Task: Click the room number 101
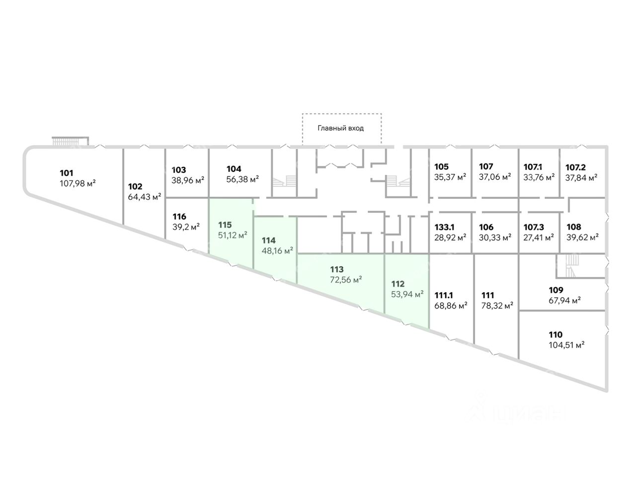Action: [67, 173]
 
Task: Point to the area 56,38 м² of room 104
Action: [242, 179]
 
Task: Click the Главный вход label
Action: [341, 128]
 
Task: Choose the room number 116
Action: [179, 217]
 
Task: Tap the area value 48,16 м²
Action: [277, 250]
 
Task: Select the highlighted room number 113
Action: [336, 270]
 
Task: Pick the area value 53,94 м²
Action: [407, 294]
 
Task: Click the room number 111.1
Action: [444, 295]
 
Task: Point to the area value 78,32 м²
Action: [497, 306]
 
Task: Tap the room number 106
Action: [486, 227]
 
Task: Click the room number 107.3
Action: [534, 227]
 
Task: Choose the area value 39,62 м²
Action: [582, 237]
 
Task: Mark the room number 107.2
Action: [575, 167]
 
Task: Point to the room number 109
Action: [556, 290]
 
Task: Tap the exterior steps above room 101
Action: [70, 142]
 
